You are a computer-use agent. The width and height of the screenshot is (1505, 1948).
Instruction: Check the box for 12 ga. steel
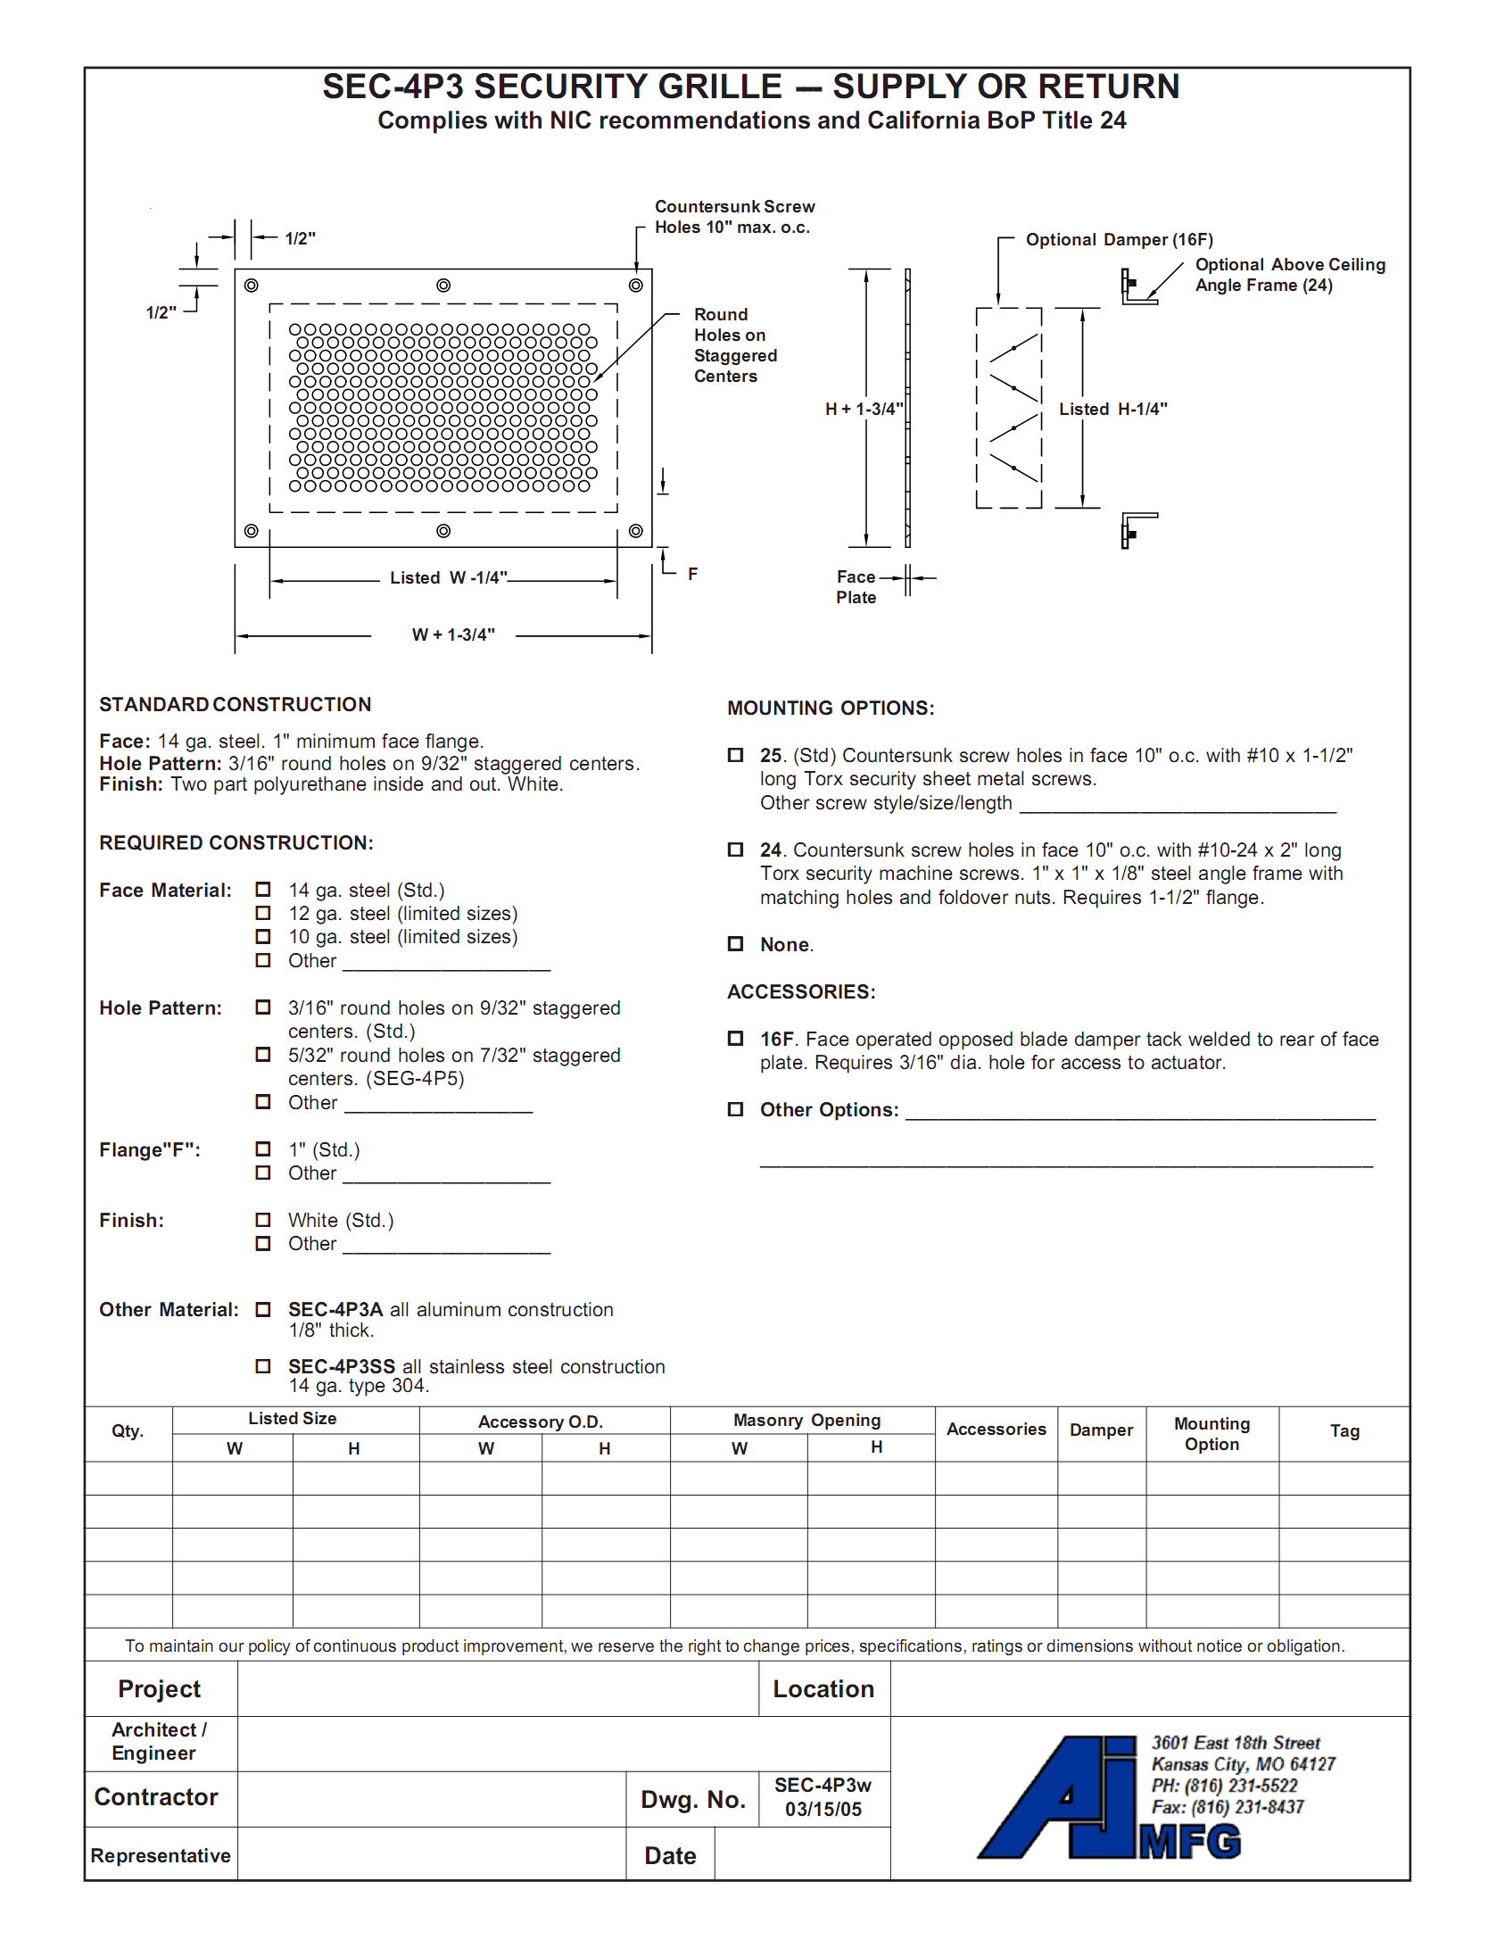pyautogui.click(x=263, y=913)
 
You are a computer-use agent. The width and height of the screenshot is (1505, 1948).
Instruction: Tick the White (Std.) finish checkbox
pyautogui.click(x=263, y=1220)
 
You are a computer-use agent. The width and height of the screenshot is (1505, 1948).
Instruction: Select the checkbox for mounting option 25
pyautogui.click(x=735, y=755)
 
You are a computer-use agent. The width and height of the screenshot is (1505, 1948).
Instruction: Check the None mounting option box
pyautogui.click(x=735, y=944)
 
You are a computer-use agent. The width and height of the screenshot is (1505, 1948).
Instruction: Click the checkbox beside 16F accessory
pyautogui.click(x=735, y=1039)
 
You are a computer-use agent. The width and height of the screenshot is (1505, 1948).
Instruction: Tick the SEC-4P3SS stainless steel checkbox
pyautogui.click(x=263, y=1366)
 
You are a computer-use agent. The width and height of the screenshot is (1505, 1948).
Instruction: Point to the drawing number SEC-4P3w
pyautogui.click(x=822, y=1786)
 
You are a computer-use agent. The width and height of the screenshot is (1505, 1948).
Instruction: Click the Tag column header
pyautogui.click(x=1344, y=1431)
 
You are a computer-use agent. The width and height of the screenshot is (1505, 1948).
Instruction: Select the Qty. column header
pyautogui.click(x=128, y=1431)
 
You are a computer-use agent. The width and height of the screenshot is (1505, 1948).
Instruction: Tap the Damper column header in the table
pyautogui.click(x=1101, y=1430)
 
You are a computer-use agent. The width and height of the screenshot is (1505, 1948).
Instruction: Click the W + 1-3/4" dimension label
pyautogui.click(x=453, y=635)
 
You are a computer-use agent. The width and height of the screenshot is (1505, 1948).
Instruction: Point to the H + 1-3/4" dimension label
pyautogui.click(x=864, y=410)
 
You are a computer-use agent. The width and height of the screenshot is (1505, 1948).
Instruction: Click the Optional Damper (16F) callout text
pyautogui.click(x=1119, y=240)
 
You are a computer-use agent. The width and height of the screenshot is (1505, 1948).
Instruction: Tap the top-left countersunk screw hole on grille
pyautogui.click(x=252, y=286)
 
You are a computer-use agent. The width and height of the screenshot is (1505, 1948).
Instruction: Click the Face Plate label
pyautogui.click(x=856, y=587)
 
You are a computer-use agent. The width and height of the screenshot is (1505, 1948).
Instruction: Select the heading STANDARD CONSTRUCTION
pyautogui.click(x=235, y=705)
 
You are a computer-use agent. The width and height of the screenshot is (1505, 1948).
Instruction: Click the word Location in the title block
pyautogui.click(x=823, y=1689)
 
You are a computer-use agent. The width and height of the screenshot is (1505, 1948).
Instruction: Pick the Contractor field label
pyautogui.click(x=156, y=1797)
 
